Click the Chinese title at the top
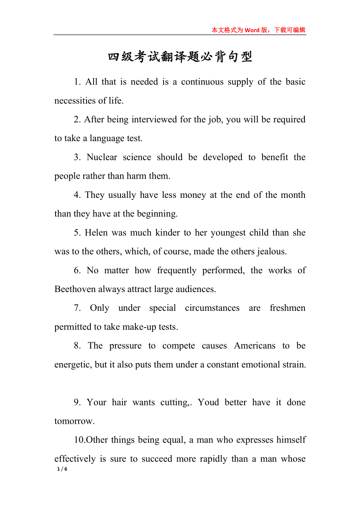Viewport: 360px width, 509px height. click(x=180, y=57)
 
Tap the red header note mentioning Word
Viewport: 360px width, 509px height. click(x=258, y=30)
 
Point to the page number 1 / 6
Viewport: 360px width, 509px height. click(x=62, y=469)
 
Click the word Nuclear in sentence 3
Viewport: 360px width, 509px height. click(x=102, y=157)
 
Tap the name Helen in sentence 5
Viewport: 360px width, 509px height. click(x=96, y=233)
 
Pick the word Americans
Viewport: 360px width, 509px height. click(x=254, y=346)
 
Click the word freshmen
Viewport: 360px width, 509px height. click(x=288, y=308)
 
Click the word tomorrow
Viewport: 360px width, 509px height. click(x=74, y=421)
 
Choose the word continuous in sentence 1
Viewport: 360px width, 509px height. click(x=202, y=82)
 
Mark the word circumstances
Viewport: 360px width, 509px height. click(x=212, y=308)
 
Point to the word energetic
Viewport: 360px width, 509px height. click(x=73, y=365)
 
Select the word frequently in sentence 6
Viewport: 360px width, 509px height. click(x=176, y=271)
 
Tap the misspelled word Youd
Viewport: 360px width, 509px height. click(x=208, y=402)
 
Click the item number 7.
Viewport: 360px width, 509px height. click(x=77, y=308)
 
